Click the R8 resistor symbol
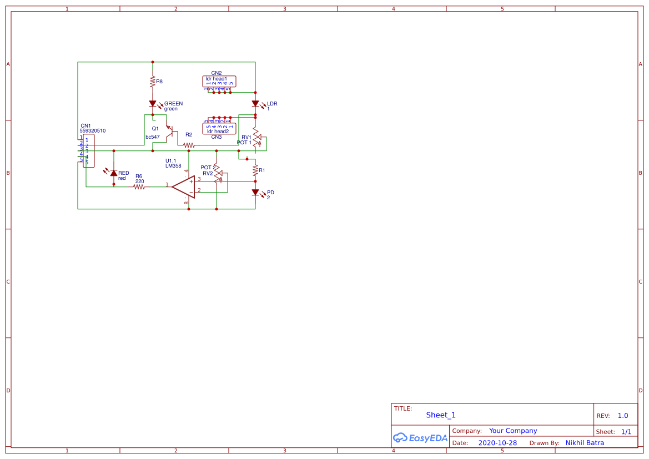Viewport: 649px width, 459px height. coord(152,82)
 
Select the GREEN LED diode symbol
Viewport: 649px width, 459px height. coord(153,104)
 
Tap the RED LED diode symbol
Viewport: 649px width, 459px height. coord(114,173)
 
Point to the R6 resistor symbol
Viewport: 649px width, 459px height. coord(139,187)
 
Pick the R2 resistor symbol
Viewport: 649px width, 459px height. coord(189,145)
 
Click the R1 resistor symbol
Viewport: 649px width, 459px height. coord(255,170)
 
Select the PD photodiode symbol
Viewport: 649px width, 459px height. coord(255,193)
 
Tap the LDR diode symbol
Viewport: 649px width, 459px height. coord(255,104)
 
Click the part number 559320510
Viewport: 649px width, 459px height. coord(92,131)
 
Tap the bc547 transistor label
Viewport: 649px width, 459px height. coord(153,137)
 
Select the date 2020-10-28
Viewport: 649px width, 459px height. coord(497,443)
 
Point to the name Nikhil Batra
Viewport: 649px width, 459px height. coord(585,443)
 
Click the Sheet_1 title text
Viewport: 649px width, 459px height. coord(441,415)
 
